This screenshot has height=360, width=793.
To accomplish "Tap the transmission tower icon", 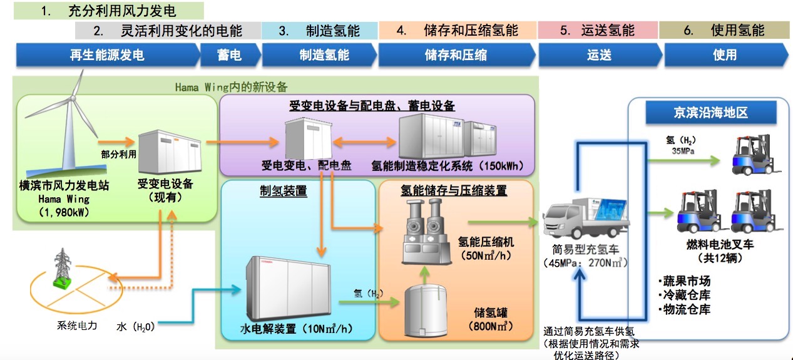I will coord(62,269).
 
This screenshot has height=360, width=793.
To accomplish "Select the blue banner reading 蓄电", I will coord(229,55).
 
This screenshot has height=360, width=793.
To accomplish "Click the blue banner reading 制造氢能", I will coord(323,55).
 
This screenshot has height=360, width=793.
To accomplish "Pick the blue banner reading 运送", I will coord(599,55).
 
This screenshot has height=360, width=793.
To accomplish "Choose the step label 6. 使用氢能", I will coord(724,30).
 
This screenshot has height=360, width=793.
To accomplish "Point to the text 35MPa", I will coord(682,151).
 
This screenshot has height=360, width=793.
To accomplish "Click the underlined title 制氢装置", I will coord(283,191).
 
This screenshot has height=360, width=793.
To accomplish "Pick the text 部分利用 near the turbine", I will coord(118,153).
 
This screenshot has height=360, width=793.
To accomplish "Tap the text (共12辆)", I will coord(719,257).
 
